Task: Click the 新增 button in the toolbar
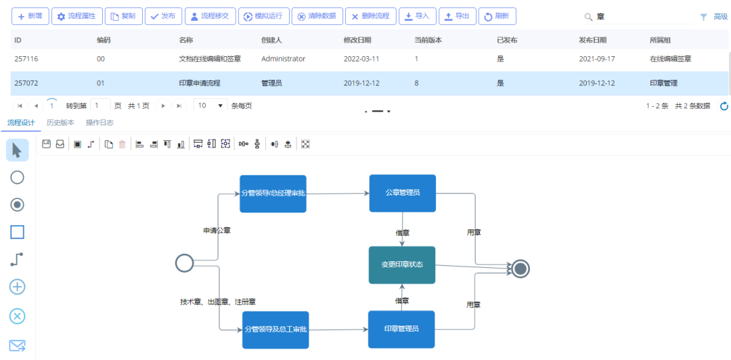30,16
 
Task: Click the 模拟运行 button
265,16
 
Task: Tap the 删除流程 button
371,16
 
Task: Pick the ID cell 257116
26,59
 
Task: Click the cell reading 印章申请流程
200,83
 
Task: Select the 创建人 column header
272,40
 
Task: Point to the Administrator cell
284,59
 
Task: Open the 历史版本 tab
60,123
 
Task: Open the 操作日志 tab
99,123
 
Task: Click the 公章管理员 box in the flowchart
403,193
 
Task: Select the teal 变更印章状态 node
402,265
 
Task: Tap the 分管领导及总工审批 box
275,330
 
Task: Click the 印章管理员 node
401,330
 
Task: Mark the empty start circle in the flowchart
185,263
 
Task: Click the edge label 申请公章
217,230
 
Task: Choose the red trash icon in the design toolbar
122,145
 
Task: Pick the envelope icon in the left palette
17,346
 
